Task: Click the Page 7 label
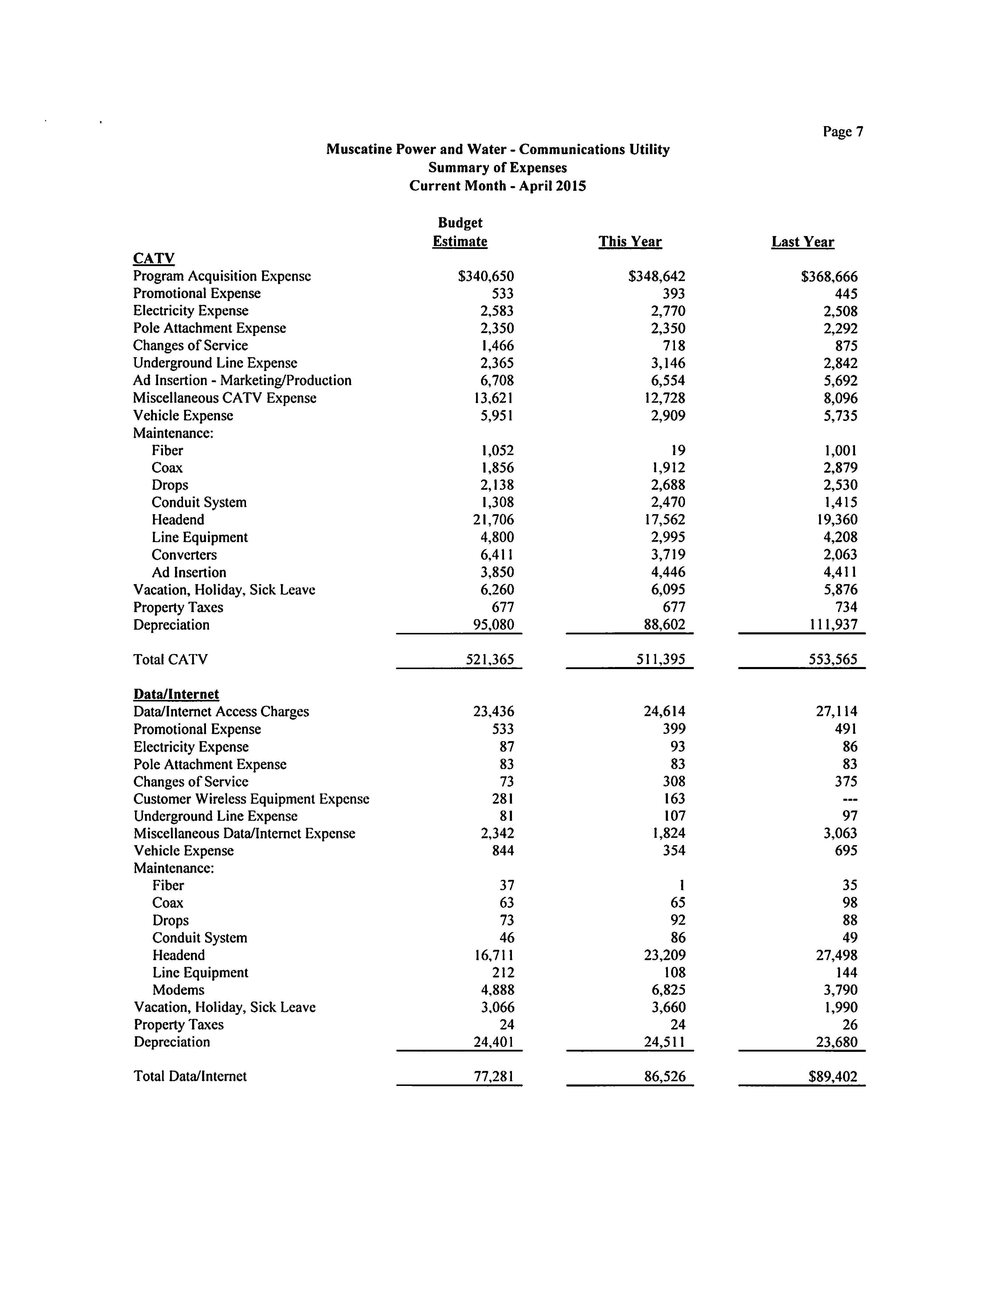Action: click(842, 132)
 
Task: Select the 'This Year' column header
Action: click(630, 242)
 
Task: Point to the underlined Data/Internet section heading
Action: click(176, 694)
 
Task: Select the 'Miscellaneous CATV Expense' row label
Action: click(224, 398)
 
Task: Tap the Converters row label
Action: click(184, 554)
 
